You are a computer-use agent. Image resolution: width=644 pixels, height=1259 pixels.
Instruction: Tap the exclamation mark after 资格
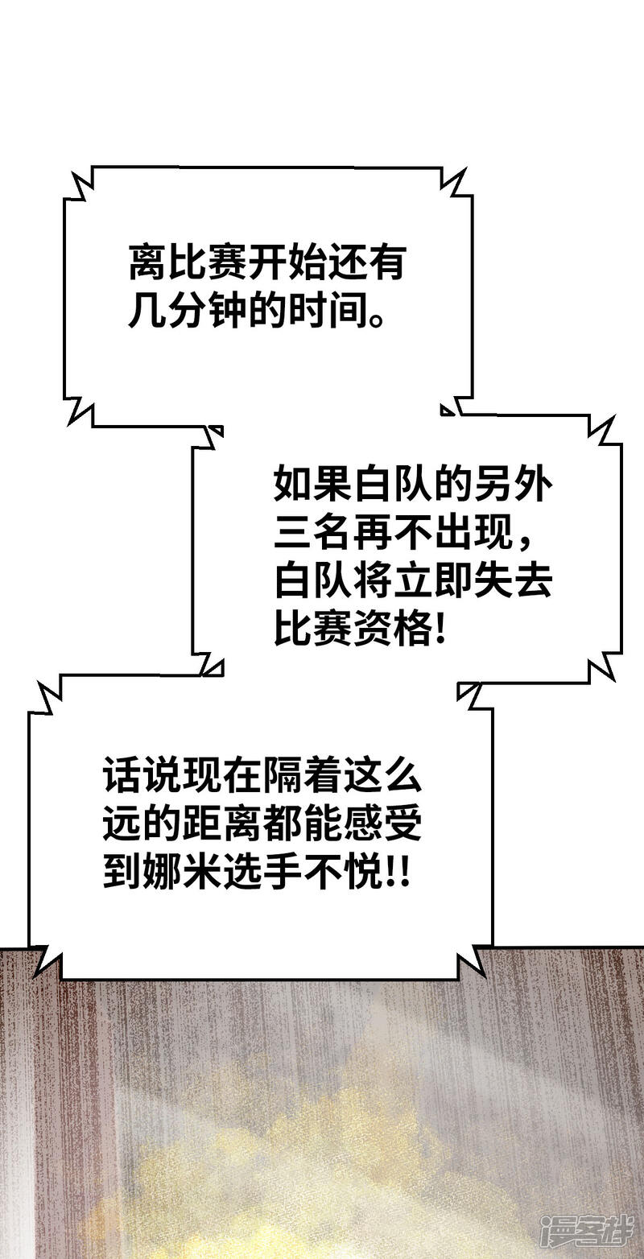coord(440,628)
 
